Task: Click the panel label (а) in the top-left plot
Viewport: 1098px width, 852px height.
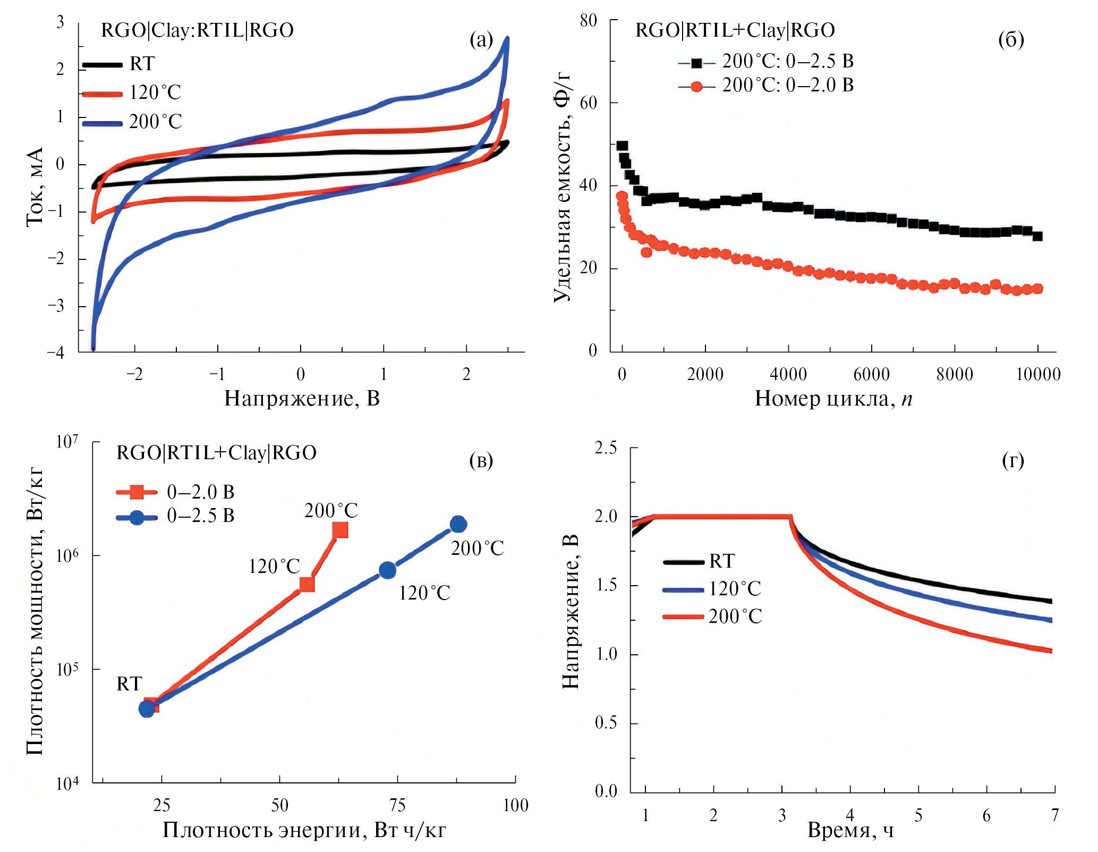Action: tap(481, 40)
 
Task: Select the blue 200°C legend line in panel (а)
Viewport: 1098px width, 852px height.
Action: tap(103, 123)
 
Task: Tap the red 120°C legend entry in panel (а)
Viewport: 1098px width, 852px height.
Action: tap(155, 92)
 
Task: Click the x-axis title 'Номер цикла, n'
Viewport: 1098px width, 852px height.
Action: tap(833, 399)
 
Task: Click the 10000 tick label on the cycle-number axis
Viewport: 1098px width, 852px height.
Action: tap(1037, 375)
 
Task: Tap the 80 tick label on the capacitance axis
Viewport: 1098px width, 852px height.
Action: tap(588, 21)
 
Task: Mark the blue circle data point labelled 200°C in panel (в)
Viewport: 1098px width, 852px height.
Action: tap(458, 524)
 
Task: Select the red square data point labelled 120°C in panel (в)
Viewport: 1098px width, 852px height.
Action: tap(307, 584)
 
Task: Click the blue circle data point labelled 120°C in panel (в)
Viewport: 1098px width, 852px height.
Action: tap(388, 570)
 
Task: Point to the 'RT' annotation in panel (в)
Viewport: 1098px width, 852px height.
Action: tap(129, 684)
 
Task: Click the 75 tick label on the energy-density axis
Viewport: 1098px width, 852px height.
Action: tap(397, 806)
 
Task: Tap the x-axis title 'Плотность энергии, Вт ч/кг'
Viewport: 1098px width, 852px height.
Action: tap(304, 830)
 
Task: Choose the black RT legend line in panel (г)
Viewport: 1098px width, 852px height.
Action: tap(684, 561)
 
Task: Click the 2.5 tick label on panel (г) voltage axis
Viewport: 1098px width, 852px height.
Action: tap(606, 448)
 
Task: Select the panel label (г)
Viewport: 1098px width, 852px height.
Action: tap(1012, 460)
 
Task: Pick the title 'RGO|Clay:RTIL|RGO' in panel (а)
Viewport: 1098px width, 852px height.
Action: tap(197, 30)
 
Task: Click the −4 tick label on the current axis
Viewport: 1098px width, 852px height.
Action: tap(56, 353)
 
